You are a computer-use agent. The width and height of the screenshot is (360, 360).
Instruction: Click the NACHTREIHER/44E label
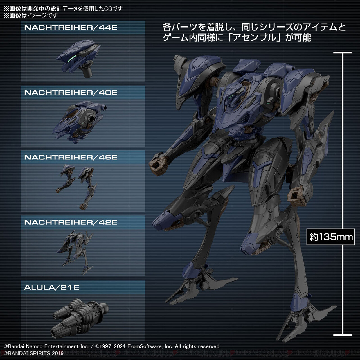[71, 28]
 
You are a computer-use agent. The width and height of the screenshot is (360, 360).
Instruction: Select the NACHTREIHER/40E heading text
[71, 93]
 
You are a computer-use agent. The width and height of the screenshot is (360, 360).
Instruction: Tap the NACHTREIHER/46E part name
[71, 157]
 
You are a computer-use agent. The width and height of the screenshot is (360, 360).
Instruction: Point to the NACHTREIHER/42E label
[71, 222]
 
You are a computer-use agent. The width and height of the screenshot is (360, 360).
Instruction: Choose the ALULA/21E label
[52, 287]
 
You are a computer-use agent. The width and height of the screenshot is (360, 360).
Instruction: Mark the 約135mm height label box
[331, 237]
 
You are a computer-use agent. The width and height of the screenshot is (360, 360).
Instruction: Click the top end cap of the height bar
[343, 53]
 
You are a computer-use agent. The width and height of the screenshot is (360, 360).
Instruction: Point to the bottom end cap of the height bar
[343, 335]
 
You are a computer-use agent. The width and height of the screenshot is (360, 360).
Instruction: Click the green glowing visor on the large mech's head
[231, 96]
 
